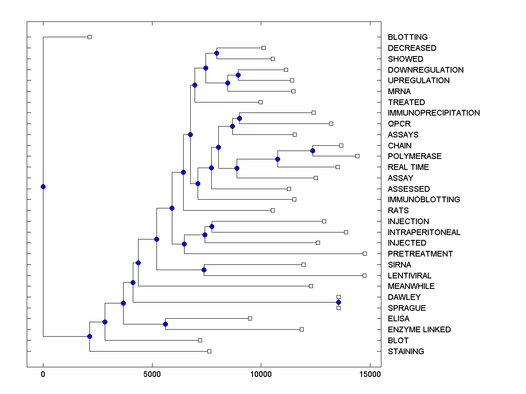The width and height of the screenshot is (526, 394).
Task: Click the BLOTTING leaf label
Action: pos(408,37)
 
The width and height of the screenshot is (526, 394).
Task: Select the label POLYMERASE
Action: pos(415,156)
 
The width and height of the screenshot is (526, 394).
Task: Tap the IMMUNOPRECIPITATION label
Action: pos(434,113)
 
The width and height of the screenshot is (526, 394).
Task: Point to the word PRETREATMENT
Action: pos(420,254)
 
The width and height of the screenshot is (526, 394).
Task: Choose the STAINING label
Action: pos(406,352)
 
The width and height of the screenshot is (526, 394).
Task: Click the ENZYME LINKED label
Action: pos(419,330)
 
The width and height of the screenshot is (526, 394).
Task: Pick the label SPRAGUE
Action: pos(406,308)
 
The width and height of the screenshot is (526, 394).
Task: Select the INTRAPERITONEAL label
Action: pos(424,232)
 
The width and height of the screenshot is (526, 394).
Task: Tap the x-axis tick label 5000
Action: pos(152,374)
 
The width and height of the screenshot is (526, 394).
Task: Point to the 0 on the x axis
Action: pos(43,374)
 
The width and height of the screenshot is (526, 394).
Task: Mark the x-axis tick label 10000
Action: pos(261,374)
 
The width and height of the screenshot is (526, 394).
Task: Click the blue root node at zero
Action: pos(43,187)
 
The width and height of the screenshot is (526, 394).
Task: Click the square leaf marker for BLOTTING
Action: pos(89,37)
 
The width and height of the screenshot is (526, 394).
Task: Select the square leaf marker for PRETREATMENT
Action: pos(365,253)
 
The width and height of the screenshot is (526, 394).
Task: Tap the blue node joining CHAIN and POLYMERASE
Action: pos(313,151)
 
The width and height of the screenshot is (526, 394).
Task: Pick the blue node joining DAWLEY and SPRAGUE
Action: pos(338,303)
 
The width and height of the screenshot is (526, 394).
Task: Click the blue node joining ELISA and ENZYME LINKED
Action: pos(165,324)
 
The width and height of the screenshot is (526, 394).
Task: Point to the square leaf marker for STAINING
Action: pos(209,351)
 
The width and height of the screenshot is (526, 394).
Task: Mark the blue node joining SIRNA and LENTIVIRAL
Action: pos(204,270)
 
